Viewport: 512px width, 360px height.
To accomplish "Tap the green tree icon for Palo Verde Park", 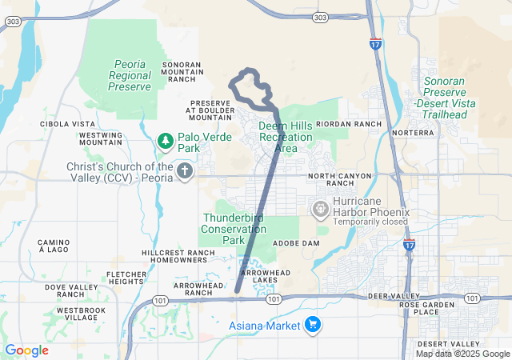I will tap(166, 142).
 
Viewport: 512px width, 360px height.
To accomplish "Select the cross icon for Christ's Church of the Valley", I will tap(185, 170).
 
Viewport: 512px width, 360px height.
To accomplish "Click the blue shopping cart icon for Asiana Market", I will tap(313, 325).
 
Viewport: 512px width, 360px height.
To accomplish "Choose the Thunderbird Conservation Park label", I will tap(234, 229).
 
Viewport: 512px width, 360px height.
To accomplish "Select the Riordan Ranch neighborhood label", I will tap(350, 124).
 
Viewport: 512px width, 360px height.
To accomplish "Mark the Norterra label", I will tap(414, 132).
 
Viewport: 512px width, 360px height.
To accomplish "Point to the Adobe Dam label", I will tap(296, 242).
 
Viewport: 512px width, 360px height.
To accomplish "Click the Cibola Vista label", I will tap(68, 124).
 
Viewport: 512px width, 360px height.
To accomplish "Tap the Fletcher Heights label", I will tap(126, 278).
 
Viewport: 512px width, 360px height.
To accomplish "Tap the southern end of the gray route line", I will tap(237, 291).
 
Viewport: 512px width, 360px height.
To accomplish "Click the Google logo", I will tap(27, 350).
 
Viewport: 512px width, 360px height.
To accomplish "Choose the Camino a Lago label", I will tap(54, 246).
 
